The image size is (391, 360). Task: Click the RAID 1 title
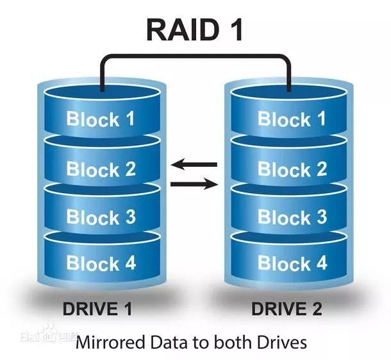click(195, 30)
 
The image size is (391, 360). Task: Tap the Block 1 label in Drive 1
click(101, 119)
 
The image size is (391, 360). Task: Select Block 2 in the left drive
click(101, 169)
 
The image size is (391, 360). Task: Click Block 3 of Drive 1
click(101, 217)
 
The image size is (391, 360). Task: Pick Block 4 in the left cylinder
click(101, 263)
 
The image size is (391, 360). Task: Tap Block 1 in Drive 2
click(292, 119)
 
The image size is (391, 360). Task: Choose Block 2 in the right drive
click(292, 169)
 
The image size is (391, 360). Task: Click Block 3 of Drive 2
click(292, 217)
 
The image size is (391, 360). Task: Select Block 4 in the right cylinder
click(292, 263)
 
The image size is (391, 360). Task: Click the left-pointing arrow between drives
click(194, 166)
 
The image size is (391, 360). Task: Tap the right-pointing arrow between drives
click(194, 185)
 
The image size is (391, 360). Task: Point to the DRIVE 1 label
click(97, 309)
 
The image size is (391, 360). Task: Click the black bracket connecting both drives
click(195, 57)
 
